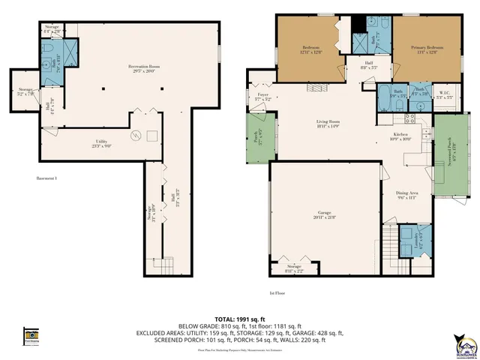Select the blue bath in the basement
coord(50,55)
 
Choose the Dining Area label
coord(406,195)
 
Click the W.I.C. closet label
coord(443,95)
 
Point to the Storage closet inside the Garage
coord(294,269)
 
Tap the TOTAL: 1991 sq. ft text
coord(239,317)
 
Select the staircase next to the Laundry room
coord(390,246)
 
